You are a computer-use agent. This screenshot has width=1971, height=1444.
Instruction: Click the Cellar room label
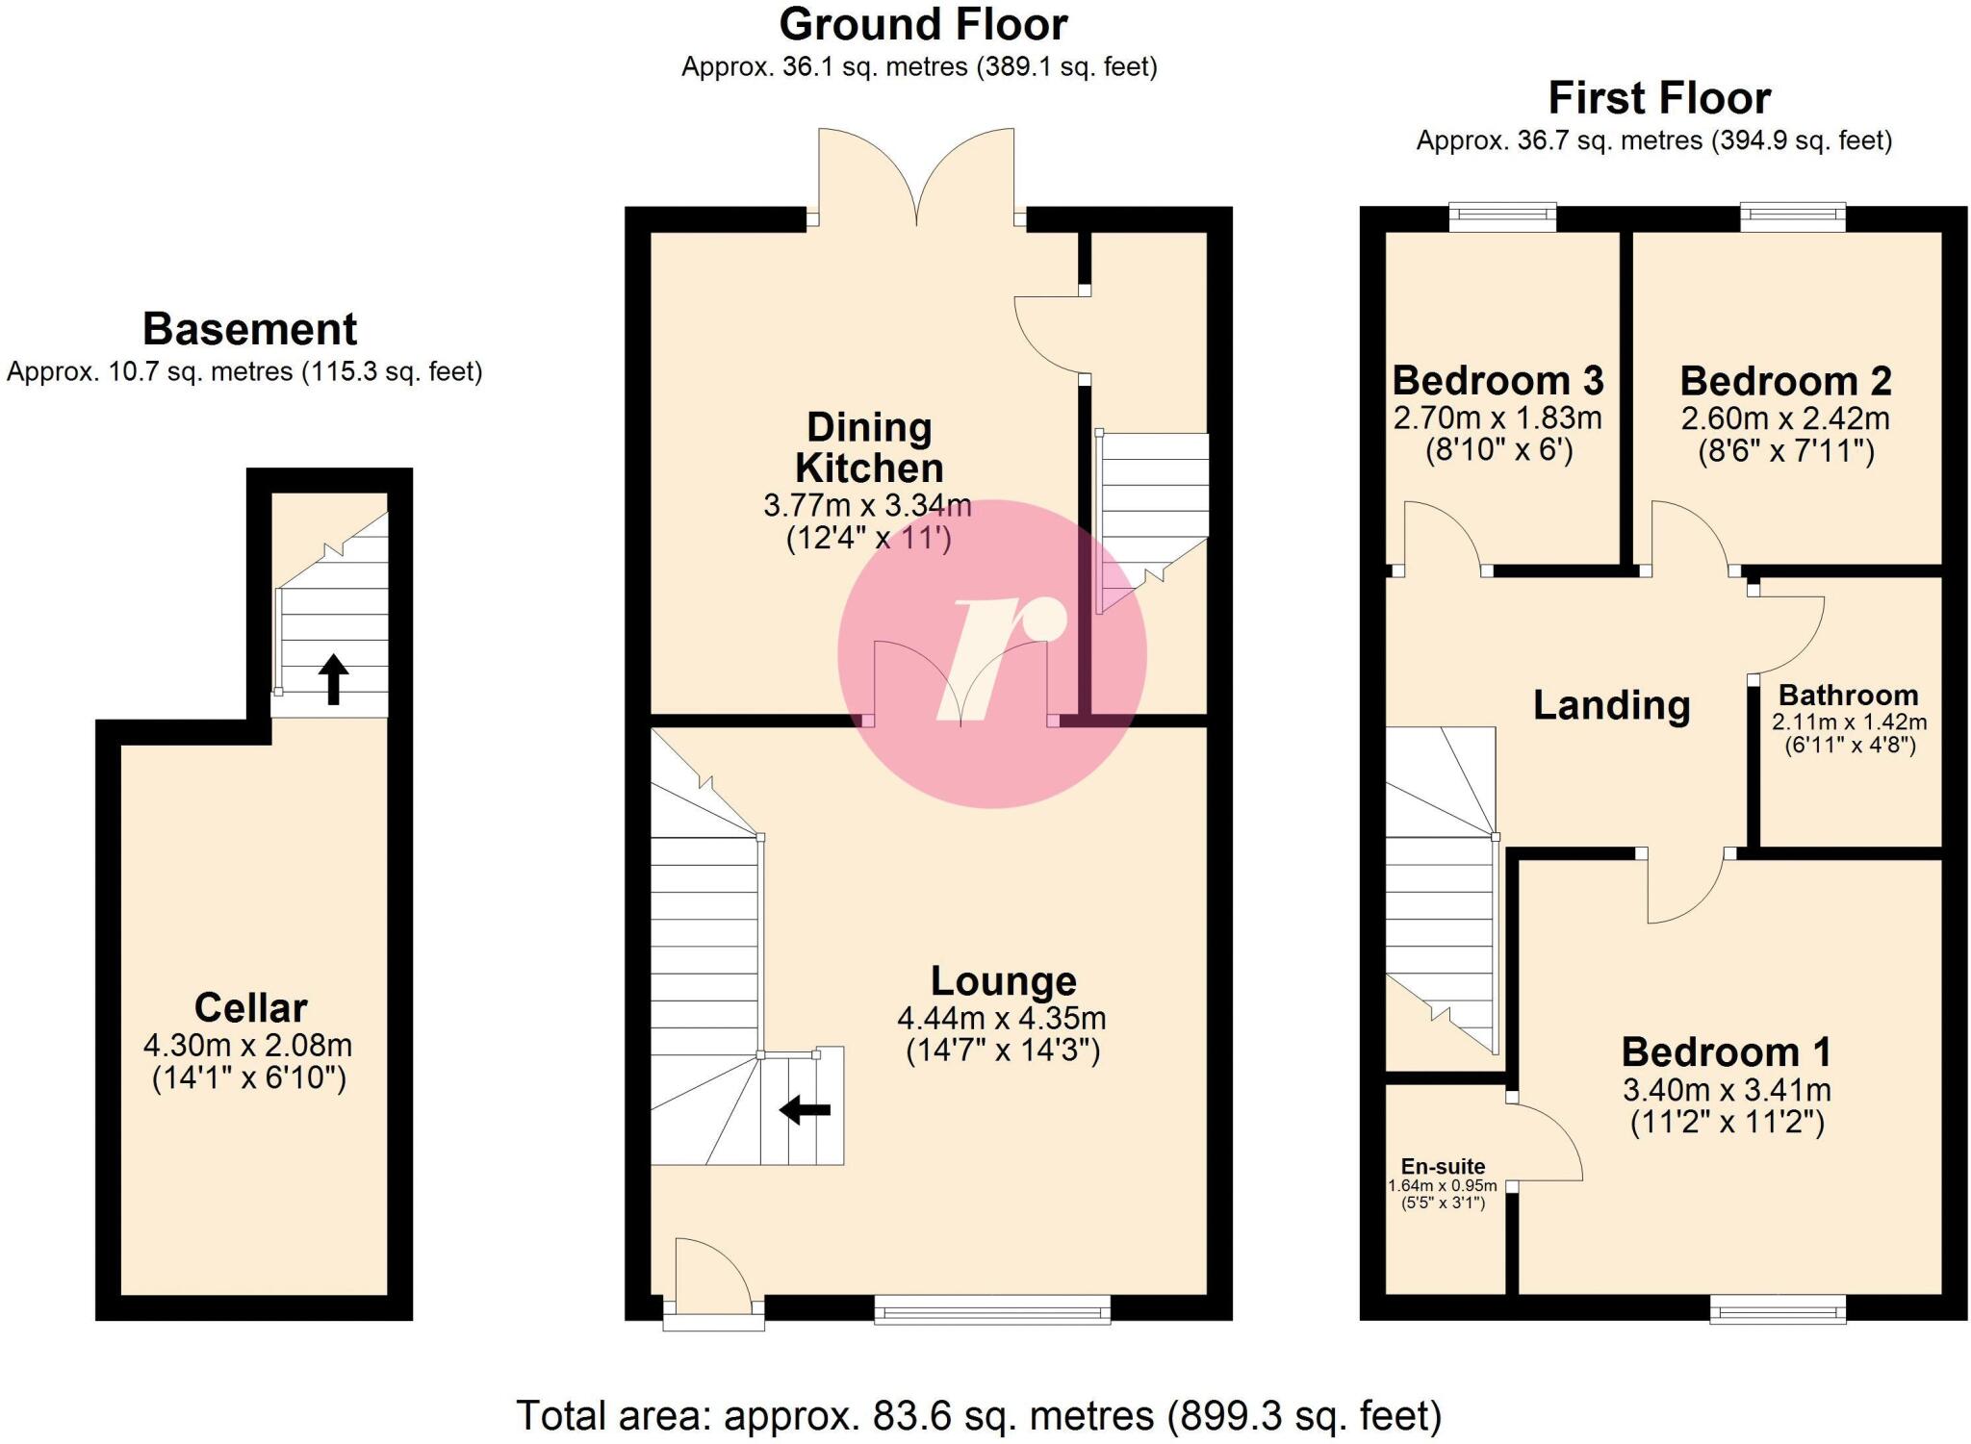coord(250,1007)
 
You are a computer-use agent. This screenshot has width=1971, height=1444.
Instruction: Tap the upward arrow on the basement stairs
coord(333,679)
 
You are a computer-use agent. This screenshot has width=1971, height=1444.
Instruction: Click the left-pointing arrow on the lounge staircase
coord(805,1110)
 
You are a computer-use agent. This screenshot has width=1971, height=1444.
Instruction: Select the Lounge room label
coord(1003,980)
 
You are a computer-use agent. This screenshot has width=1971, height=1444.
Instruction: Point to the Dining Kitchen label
coord(868,448)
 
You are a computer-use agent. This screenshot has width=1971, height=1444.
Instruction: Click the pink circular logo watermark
coord(991,654)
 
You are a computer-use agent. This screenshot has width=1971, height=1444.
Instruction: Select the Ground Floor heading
coord(922,25)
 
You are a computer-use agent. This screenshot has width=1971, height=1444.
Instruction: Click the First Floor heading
coord(1659,98)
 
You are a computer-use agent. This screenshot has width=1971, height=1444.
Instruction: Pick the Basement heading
coord(249,329)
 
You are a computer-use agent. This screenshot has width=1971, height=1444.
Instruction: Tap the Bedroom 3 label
coord(1497,381)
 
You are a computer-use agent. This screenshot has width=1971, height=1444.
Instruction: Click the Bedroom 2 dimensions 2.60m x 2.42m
coord(1785,418)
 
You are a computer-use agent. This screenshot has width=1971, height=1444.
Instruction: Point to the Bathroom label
coord(1848,695)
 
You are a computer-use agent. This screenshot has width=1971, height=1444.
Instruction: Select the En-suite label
coord(1443,1166)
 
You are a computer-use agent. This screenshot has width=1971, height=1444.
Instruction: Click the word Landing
coord(1611,705)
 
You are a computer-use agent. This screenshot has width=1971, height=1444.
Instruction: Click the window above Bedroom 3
coord(1502,217)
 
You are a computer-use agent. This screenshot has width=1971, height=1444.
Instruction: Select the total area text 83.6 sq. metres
coord(1012,1416)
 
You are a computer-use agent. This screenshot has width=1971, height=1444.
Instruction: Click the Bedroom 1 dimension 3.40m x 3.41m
coord(1727,1090)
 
